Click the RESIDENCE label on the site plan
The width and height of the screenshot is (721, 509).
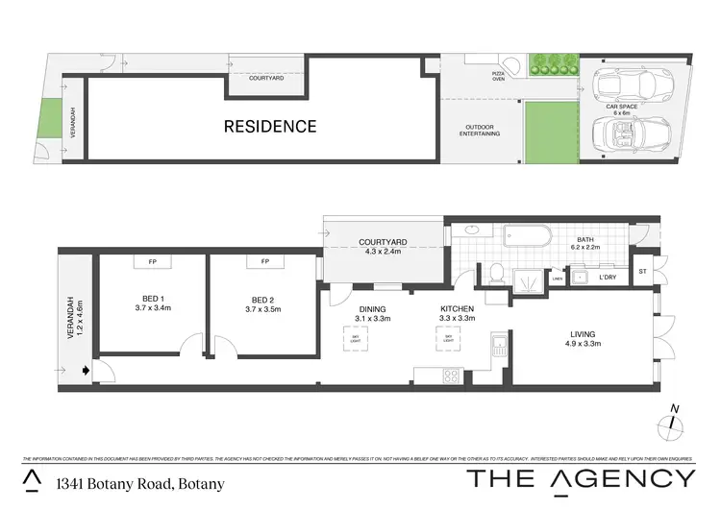pyautogui.click(x=270, y=126)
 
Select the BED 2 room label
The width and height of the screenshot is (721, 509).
pyautogui.click(x=262, y=303)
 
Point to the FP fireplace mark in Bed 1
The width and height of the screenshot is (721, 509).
pyautogui.click(x=152, y=261)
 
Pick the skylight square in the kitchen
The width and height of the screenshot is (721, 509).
pyautogui.click(x=446, y=338)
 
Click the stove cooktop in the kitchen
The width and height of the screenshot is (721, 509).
pyautogui.click(x=450, y=376)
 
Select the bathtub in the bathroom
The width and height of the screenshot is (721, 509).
pyautogui.click(x=524, y=237)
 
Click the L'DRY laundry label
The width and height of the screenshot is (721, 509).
pyautogui.click(x=607, y=278)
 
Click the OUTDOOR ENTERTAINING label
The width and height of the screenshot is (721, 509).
pyautogui.click(x=481, y=130)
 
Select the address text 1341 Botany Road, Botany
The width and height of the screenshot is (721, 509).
pyautogui.click(x=140, y=483)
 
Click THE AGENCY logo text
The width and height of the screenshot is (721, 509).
pyautogui.click(x=580, y=478)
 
